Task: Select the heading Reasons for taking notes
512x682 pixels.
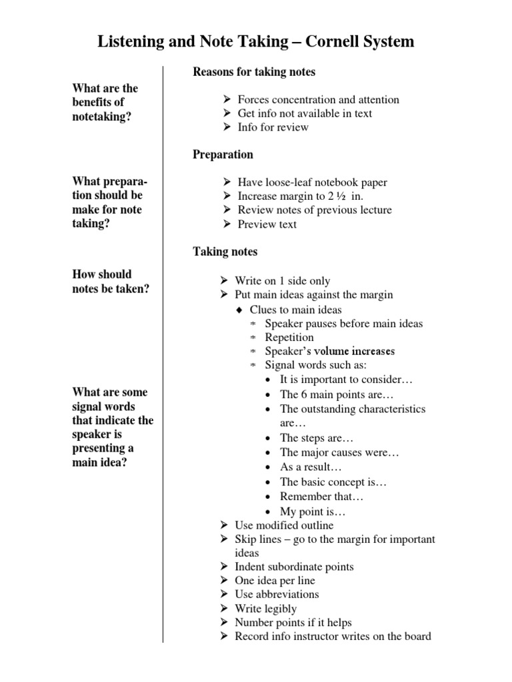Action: click(x=254, y=72)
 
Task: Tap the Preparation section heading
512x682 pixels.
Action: click(x=223, y=155)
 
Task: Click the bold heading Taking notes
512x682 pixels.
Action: click(x=225, y=252)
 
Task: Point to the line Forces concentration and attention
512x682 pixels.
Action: click(x=318, y=100)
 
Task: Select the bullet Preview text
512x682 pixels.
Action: click(x=267, y=224)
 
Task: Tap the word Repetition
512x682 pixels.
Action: click(x=289, y=338)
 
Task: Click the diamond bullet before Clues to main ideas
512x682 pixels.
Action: click(x=239, y=310)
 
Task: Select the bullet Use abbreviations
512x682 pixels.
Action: click(x=277, y=594)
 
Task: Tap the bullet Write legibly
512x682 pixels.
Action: click(x=265, y=609)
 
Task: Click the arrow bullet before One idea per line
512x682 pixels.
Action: click(x=224, y=581)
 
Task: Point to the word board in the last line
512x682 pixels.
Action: click(x=417, y=636)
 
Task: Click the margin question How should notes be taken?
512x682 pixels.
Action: click(x=111, y=281)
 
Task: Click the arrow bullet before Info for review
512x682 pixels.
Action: click(x=227, y=127)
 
